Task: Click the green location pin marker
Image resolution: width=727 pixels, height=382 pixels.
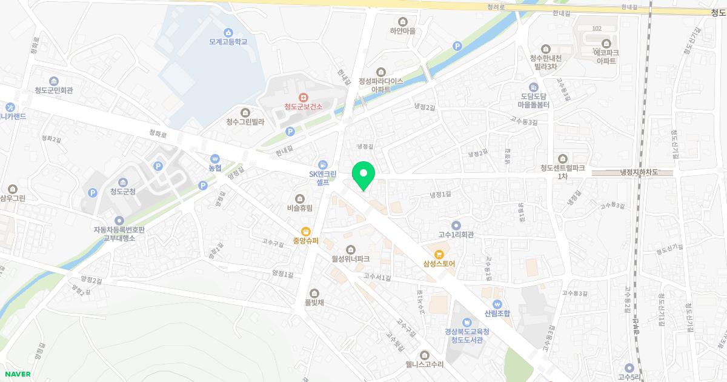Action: [363, 175]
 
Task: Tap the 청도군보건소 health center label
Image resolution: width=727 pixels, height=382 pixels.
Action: [304, 107]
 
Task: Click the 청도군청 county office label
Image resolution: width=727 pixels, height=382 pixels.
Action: [123, 192]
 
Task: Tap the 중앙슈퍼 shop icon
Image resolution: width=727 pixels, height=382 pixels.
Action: [306, 231]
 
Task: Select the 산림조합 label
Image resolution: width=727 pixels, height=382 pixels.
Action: [497, 313]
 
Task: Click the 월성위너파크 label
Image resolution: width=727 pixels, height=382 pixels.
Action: [350, 259]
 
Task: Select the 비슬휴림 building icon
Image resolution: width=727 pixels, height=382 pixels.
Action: [300, 199]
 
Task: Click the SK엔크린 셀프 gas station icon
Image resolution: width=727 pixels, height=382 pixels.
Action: [323, 164]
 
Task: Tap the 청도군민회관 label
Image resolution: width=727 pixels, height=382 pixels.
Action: [53, 90]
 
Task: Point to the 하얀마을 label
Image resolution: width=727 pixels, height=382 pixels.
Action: [402, 30]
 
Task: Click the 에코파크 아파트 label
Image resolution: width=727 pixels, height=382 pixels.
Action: [606, 57]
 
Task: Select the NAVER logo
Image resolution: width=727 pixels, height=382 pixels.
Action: [17, 374]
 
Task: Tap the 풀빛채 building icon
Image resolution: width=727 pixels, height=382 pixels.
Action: [313, 293]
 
